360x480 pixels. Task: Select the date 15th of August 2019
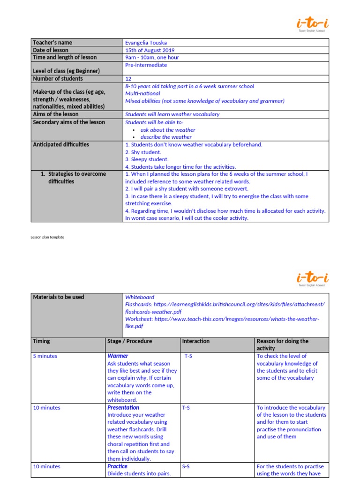coord(150,50)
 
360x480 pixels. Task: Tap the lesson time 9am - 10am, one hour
coord(152,58)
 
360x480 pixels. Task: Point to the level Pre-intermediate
coord(146,65)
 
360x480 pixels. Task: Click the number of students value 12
coord(128,79)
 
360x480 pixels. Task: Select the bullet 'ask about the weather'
coord(168,130)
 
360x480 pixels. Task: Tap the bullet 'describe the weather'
coord(166,137)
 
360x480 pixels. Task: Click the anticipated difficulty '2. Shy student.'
coord(143,152)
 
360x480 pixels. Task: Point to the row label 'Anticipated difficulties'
coord(61,144)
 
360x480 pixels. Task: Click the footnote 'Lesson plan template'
coord(47,237)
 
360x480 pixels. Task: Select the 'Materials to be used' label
coord(59,297)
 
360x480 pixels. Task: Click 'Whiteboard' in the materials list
coord(140,297)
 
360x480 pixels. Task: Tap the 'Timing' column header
coord(42,341)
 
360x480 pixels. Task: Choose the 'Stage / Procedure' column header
coord(130,341)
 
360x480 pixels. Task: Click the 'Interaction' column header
coord(196,341)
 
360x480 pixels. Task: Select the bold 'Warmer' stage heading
coord(118,356)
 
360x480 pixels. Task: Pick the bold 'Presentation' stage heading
coord(123,408)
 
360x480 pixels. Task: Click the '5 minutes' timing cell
coord(45,356)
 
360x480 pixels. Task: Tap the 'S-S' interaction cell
coord(186,467)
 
